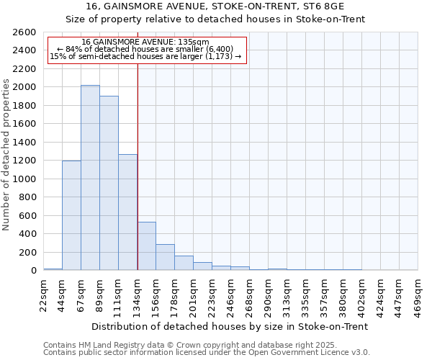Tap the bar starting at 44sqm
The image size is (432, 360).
click(x=71, y=215)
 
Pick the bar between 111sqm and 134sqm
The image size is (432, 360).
click(x=127, y=212)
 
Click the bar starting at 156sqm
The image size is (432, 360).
click(x=165, y=257)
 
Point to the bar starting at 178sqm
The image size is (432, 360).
click(x=184, y=263)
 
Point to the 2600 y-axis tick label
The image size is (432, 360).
click(x=25, y=32)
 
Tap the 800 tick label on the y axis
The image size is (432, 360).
click(x=28, y=197)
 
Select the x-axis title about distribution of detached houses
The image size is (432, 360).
click(x=230, y=326)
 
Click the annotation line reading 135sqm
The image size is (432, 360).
click(x=145, y=42)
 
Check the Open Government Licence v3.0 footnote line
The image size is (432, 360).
click(x=207, y=353)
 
